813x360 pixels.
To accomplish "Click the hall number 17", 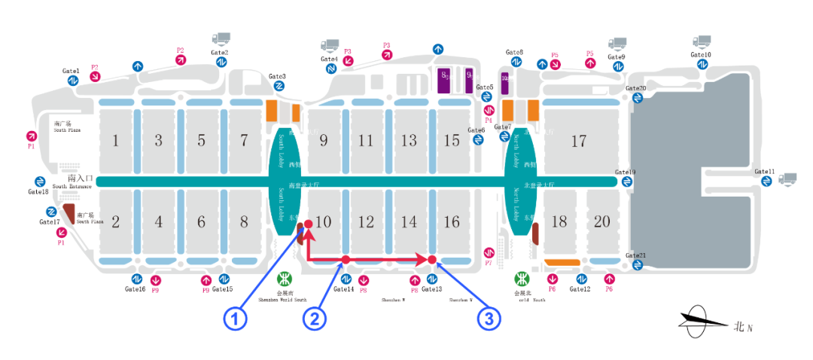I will pyautogui.click(x=578, y=141).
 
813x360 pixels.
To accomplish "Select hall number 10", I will pyautogui.click(x=323, y=221).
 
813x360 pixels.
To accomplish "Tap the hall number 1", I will pyautogui.click(x=115, y=140).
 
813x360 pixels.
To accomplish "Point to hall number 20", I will pyautogui.click(x=602, y=221).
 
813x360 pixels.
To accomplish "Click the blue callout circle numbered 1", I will pyautogui.click(x=236, y=319).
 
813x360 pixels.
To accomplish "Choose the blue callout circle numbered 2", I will pyautogui.click(x=315, y=319).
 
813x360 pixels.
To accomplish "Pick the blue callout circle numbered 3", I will pyautogui.click(x=489, y=319).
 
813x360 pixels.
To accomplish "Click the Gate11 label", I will pyautogui.click(x=764, y=172).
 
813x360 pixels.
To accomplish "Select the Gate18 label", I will pyautogui.click(x=38, y=192).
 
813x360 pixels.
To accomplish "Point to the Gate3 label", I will pyautogui.click(x=277, y=76).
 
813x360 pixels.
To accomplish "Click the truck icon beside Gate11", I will pyautogui.click(x=787, y=178).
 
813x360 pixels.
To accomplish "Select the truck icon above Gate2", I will pyautogui.click(x=221, y=38).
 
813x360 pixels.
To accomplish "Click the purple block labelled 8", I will pyautogui.click(x=445, y=79).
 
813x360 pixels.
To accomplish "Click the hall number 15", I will pyautogui.click(x=452, y=141).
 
